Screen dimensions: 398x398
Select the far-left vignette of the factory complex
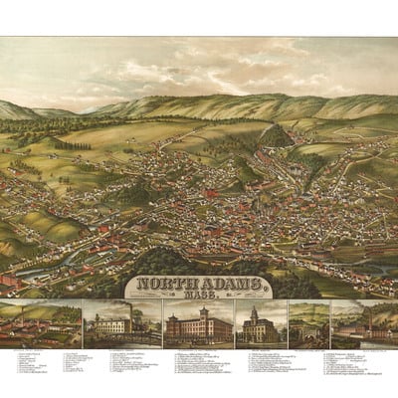click(42, 323)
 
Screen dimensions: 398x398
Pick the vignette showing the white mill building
click(121, 323)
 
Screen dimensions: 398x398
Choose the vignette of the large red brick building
click(197, 323)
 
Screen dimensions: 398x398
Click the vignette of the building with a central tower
click(258, 323)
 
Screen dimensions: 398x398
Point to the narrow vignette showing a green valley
click(306, 323)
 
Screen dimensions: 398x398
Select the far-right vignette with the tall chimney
click(362, 323)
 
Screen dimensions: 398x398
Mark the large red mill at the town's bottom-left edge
click(12, 282)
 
